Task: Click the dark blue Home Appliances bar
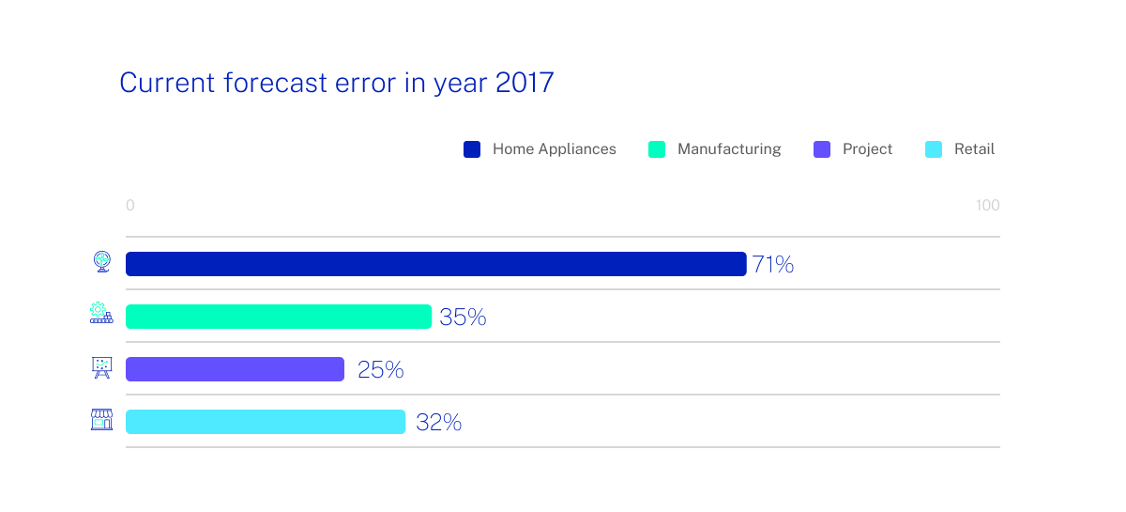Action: [435, 264]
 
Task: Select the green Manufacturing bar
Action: [279, 317]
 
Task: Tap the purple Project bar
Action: [235, 369]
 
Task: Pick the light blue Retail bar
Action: [266, 422]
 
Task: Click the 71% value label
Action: [772, 265]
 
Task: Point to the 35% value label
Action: [463, 318]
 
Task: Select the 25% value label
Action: [380, 370]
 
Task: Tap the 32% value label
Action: [438, 423]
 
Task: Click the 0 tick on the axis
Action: [130, 206]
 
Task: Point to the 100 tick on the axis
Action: [987, 206]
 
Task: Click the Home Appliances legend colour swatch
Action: [472, 149]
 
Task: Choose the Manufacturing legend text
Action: [729, 149]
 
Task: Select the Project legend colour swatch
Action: [822, 149]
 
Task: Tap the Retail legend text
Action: [974, 149]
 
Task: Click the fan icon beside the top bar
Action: [101, 262]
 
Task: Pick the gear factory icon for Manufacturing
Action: [100, 314]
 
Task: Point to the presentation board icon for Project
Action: [101, 367]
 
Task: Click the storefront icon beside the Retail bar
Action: [101, 420]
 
